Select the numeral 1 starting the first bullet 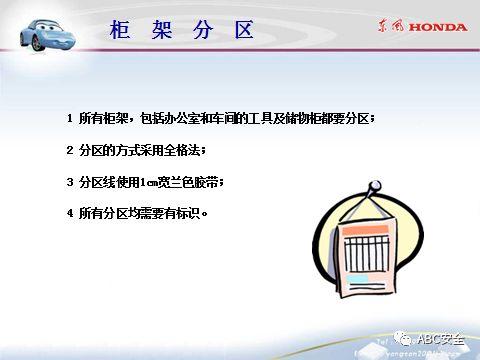[x=70, y=119]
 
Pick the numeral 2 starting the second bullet [x=70, y=150]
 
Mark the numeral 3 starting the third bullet [x=70, y=182]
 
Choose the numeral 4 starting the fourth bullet [x=70, y=213]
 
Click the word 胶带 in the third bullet [x=206, y=182]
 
